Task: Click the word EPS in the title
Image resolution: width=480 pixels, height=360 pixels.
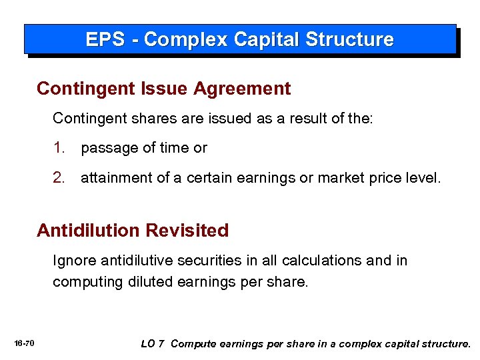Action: pos(105,39)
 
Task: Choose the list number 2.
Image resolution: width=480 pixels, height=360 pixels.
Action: pos(59,178)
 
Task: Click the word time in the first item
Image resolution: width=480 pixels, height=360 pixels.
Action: pos(177,148)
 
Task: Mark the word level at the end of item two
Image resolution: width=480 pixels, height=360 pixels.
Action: pos(423,178)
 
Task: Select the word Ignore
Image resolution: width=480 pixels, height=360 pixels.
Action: pos(74,261)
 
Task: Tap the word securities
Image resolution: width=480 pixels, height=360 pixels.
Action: pos(211,261)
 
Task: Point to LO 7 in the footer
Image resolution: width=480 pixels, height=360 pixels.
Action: pos(153,343)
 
